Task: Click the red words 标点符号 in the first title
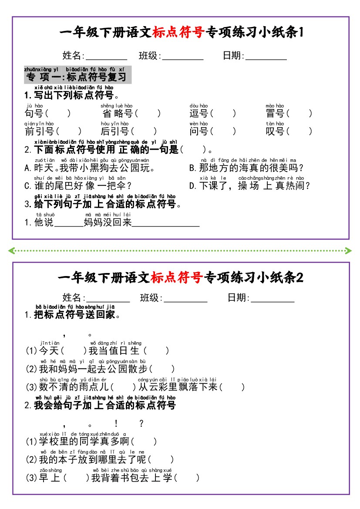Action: [x=178, y=32]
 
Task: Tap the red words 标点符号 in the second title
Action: [x=177, y=277]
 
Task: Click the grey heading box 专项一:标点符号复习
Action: [x=78, y=74]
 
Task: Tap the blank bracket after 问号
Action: [x=223, y=131]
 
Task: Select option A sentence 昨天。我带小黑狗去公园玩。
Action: [x=90, y=168]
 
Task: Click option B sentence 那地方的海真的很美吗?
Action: [x=246, y=168]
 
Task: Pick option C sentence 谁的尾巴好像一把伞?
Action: [x=78, y=185]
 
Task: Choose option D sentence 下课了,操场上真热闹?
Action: [x=249, y=185]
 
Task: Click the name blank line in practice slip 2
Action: [x=108, y=302]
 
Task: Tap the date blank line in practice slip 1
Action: [x=266, y=60]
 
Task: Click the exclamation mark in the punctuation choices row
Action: [x=116, y=423]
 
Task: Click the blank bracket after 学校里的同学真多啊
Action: [x=144, y=442]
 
